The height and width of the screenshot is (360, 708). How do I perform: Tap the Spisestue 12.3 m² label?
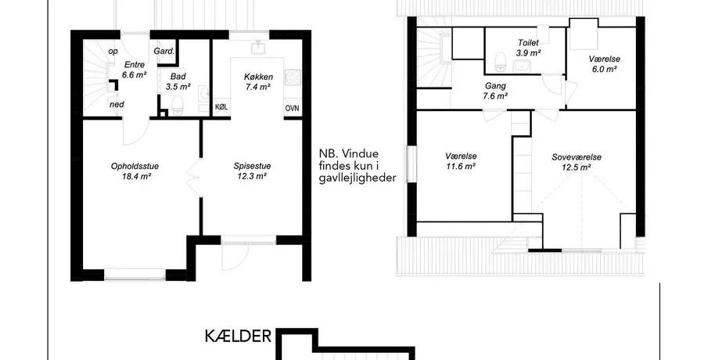coord(252,171)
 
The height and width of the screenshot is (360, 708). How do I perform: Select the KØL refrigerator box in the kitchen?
coord(221,108)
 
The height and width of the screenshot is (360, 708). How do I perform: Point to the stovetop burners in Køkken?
coord(292,77)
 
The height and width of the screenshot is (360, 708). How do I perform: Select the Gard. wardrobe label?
coord(164,51)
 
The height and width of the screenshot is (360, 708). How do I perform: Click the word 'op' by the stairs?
coord(113,52)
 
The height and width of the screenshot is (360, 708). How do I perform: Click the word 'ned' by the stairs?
coord(117,104)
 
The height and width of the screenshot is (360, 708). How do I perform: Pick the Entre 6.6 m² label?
coord(134,70)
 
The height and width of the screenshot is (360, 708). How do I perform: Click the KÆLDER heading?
coord(239,337)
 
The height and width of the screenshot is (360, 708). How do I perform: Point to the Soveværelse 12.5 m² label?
coord(576,162)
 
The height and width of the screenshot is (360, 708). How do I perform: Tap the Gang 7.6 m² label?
coord(495,90)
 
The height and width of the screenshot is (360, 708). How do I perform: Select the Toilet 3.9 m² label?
coord(528,48)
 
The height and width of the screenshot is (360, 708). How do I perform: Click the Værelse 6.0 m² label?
coord(604,63)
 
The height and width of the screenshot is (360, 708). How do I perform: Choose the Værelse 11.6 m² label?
coord(461,160)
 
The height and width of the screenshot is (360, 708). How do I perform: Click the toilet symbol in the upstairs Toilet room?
coord(500,62)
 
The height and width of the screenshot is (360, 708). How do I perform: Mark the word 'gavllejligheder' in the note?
coord(358,178)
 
